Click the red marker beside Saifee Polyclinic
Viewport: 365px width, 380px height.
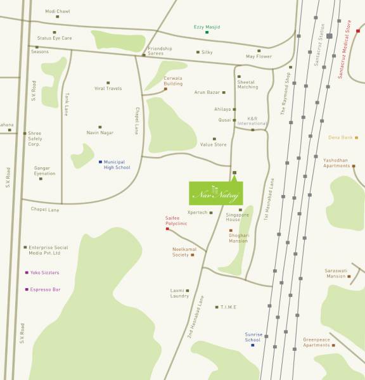(x=167, y=229)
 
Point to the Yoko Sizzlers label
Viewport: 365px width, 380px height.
(x=45, y=272)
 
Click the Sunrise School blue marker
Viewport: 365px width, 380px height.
(x=252, y=345)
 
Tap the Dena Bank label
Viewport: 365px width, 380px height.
(x=340, y=137)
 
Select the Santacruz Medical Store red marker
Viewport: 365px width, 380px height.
(x=358, y=30)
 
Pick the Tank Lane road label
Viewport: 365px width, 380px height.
(x=66, y=104)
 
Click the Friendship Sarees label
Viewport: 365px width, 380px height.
(x=160, y=51)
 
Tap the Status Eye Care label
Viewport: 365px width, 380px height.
(x=54, y=38)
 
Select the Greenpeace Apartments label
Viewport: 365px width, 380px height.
(x=316, y=342)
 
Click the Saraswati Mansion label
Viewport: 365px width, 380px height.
(x=336, y=274)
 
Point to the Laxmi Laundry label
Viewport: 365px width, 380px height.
(x=179, y=293)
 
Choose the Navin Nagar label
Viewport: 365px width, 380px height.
(x=100, y=132)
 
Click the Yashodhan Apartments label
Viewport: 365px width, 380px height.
(x=336, y=163)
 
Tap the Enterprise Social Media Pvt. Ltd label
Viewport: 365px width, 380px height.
(x=48, y=250)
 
